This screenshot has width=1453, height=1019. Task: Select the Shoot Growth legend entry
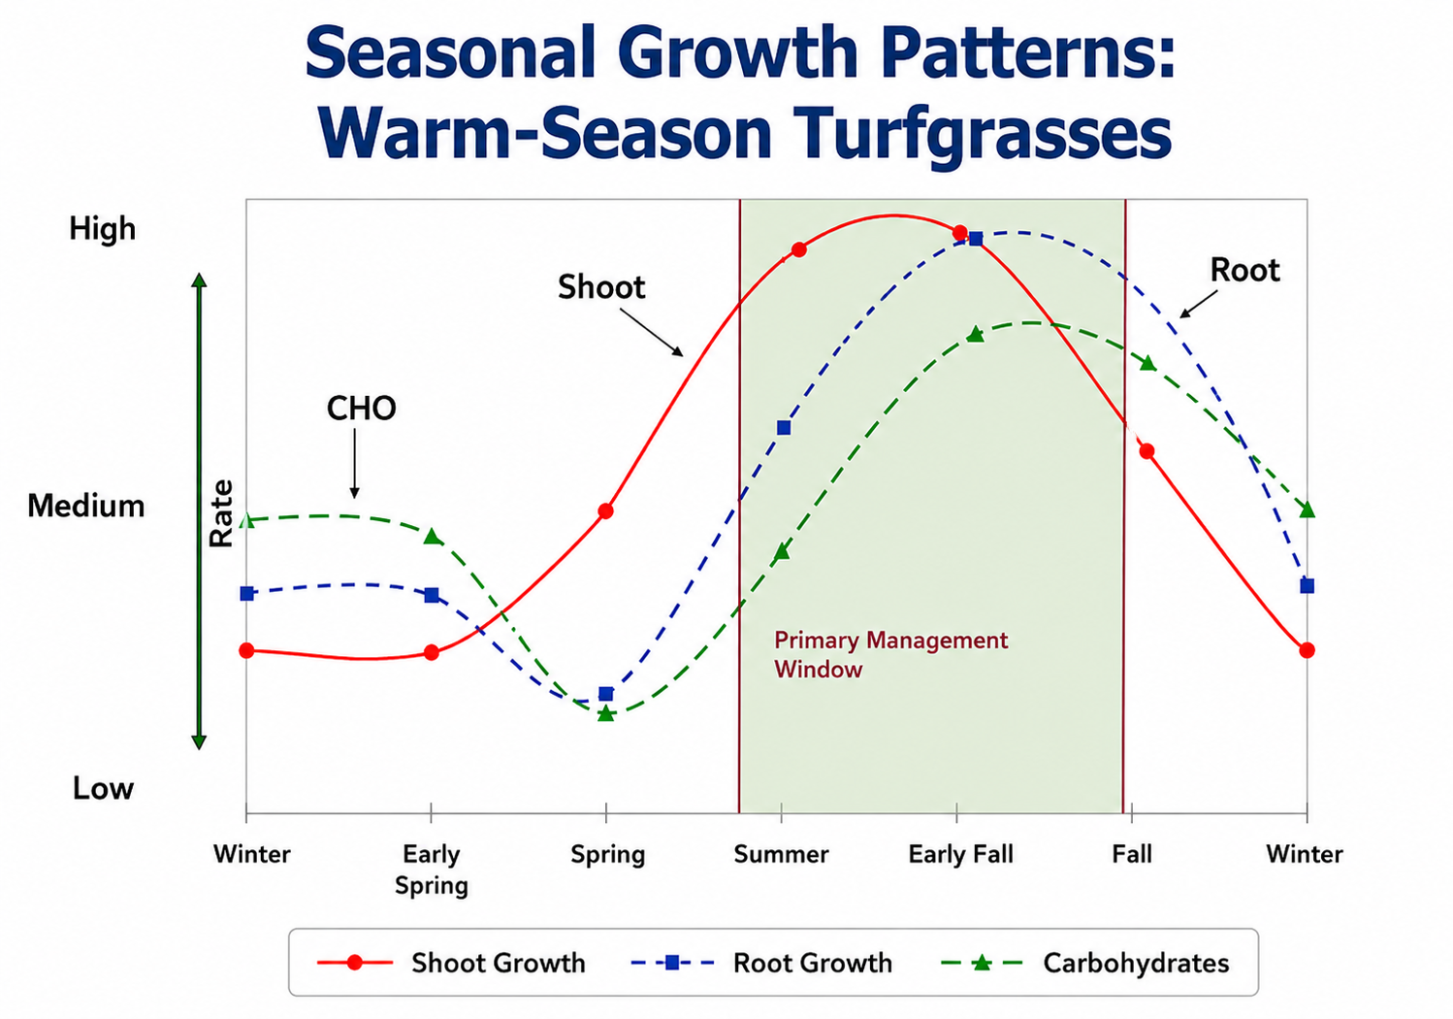click(x=451, y=963)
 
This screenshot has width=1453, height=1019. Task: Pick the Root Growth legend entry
click(x=761, y=963)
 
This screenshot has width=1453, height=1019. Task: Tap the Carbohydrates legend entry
click(x=1084, y=963)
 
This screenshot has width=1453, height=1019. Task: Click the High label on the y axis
click(x=103, y=228)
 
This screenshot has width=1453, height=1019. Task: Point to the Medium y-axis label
click(x=86, y=506)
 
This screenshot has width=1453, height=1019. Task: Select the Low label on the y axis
click(x=103, y=788)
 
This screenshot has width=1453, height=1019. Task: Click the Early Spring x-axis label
click(x=432, y=870)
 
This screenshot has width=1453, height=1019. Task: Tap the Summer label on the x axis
click(x=781, y=854)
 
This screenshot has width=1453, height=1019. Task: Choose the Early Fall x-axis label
click(x=960, y=855)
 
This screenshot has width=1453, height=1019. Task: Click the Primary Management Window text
click(x=890, y=654)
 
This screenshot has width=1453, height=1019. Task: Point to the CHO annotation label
click(x=361, y=409)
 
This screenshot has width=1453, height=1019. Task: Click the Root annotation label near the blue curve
click(x=1244, y=270)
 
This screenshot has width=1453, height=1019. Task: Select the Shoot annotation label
click(x=601, y=286)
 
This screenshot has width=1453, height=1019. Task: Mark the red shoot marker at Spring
click(x=606, y=511)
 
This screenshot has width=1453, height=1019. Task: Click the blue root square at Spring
click(x=606, y=694)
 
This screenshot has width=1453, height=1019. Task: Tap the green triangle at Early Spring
click(x=433, y=536)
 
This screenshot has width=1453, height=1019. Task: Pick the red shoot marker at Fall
click(x=1146, y=451)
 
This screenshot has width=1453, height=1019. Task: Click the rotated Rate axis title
click(x=220, y=513)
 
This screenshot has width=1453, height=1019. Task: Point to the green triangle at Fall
click(x=1147, y=362)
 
